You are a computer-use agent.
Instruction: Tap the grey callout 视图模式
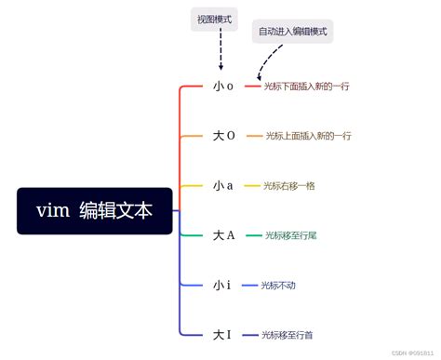pyautogui.click(x=214, y=19)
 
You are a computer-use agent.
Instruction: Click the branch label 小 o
pyautogui.click(x=223, y=87)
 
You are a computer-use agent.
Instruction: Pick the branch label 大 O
pyautogui.click(x=223, y=136)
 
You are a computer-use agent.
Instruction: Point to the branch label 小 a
pyautogui.click(x=223, y=185)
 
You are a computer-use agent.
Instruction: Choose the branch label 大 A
pyautogui.click(x=223, y=235)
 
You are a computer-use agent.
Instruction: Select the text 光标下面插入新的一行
pyautogui.click(x=309, y=87)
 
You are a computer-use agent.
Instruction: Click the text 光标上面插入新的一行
pyautogui.click(x=308, y=136)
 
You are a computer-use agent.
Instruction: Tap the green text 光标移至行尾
pyautogui.click(x=290, y=235)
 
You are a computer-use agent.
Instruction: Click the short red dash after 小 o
pyautogui.click(x=252, y=87)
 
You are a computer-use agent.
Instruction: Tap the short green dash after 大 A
pyautogui.click(x=253, y=235)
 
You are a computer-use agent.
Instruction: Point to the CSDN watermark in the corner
pyautogui.click(x=412, y=353)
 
